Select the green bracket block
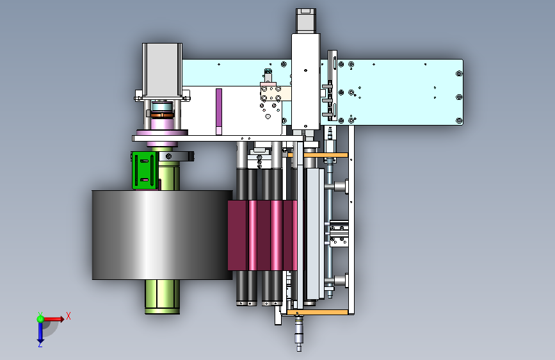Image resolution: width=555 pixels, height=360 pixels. click(145, 170)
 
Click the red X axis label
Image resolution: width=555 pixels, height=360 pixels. click(68, 316)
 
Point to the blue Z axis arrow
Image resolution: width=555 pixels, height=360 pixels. click(40, 334)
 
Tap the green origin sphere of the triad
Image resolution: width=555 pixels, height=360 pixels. click(40, 319)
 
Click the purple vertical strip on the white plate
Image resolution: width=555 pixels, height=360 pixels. click(219, 111)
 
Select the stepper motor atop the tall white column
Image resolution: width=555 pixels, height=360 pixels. click(306, 21)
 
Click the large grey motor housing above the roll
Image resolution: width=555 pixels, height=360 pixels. click(162, 70)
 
